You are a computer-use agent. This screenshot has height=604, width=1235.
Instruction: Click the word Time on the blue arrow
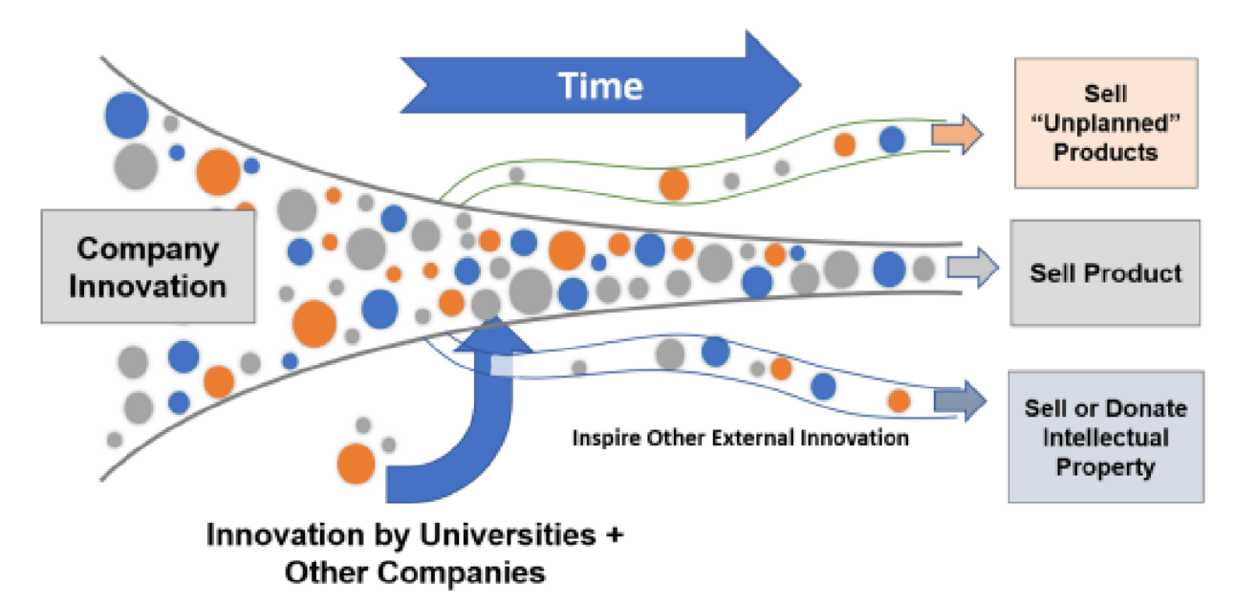[600, 86]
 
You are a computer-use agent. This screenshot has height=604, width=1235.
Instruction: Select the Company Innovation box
[148, 267]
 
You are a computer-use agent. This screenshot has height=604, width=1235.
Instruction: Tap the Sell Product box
[1105, 272]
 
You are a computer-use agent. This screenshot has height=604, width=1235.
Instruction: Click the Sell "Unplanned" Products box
[1106, 123]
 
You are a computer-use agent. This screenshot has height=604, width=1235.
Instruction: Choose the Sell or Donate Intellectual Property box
[1106, 437]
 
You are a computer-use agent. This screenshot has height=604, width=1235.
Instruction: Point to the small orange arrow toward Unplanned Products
[957, 134]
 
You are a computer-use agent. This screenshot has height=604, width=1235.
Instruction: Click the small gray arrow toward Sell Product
[972, 268]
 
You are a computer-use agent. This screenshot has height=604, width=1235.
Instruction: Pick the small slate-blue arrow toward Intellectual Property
[960, 400]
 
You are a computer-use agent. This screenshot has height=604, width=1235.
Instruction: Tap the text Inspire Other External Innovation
[741, 438]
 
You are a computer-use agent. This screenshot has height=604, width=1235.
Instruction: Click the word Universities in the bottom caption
[508, 534]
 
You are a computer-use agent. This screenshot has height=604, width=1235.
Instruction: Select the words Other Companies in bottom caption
[415, 572]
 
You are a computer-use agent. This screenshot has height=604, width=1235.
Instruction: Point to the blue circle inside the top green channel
[892, 139]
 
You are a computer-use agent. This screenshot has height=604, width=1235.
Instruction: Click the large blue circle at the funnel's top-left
[127, 116]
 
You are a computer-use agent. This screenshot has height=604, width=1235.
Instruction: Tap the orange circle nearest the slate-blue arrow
[899, 400]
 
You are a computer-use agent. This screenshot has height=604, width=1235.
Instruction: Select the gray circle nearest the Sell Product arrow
[923, 269]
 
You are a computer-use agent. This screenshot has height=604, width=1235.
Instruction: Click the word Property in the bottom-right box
[1105, 466]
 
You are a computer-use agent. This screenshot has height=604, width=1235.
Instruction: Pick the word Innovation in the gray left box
[148, 287]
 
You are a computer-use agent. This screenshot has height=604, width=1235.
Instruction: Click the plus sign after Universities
[615, 534]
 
